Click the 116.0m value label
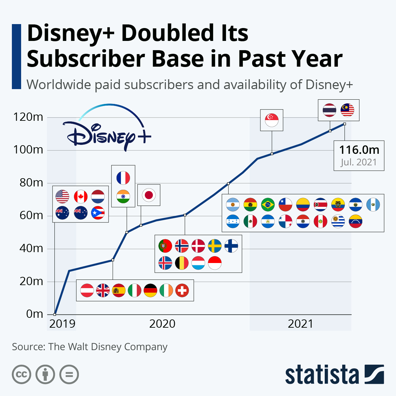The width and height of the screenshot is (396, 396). coord(359,150)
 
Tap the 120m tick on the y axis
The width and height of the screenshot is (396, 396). coord(28,117)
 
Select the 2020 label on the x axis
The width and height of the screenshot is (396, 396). coord(162,324)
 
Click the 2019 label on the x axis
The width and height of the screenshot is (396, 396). coord(62,324)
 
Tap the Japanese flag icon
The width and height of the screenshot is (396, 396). coord(149,195)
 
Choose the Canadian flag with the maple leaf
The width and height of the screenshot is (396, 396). coord(81,196)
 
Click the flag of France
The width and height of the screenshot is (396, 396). coord(123,178)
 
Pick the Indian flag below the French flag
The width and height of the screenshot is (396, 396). coord(123,197)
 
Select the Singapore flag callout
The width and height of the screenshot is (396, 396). coord(272,120)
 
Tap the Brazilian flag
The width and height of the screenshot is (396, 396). coord(268,205)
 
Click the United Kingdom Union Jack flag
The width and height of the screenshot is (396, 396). coord(103,290)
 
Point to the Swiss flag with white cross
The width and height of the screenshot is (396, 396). coord(182,290)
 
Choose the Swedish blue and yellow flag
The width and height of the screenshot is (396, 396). coord(215,246)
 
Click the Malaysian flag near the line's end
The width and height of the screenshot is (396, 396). coord(347,110)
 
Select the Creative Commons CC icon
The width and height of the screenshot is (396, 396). coord(21,375)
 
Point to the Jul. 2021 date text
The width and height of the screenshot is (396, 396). coord(359,162)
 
